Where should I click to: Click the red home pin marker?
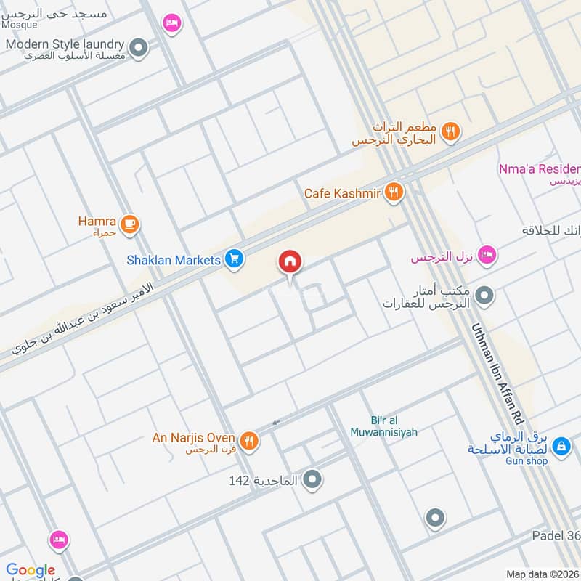(290, 261)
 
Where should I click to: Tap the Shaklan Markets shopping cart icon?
(233, 259)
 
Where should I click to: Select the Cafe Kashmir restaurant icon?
(395, 192)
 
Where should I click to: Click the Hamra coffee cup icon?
(130, 224)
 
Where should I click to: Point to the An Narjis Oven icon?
(249, 439)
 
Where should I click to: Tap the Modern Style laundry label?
(65, 44)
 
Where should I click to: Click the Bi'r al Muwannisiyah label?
(393, 426)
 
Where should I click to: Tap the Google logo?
(31, 571)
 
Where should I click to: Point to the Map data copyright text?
(542, 574)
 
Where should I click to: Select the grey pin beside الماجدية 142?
(313, 479)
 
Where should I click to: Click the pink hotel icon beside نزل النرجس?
(487, 254)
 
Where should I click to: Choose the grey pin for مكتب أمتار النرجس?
(485, 295)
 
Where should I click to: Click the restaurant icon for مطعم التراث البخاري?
(451, 131)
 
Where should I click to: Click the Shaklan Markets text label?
(174, 260)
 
